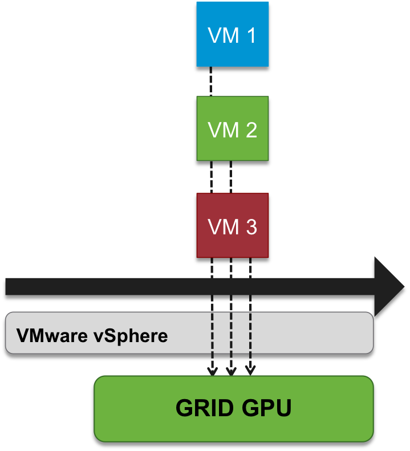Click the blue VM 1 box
[x=232, y=34]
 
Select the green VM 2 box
[x=232, y=128]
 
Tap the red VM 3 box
[x=232, y=225]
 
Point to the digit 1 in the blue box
[x=250, y=35]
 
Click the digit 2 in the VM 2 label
[x=250, y=131]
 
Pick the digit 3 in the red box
[x=250, y=227]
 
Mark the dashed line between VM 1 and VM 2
[x=210, y=81]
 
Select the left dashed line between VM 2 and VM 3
[x=212, y=177]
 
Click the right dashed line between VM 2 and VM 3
[x=230, y=177]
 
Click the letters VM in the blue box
[x=224, y=35]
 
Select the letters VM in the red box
[x=224, y=227]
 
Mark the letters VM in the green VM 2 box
[x=224, y=131]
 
